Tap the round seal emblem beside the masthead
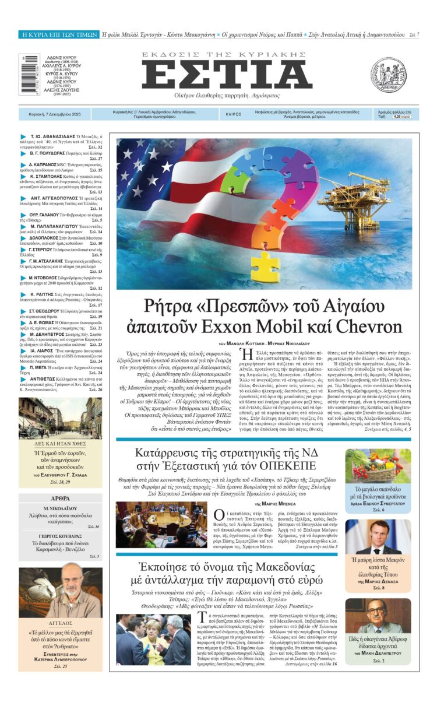pyautogui.click(x=387, y=75)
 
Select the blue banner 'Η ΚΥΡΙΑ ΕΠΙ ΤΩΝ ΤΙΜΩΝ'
pyautogui.click(x=59, y=35)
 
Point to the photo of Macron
pyautogui.click(x=378, y=538)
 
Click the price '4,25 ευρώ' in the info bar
pyautogui.click(x=401, y=117)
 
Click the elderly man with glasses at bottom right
pyautogui.click(x=378, y=616)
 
